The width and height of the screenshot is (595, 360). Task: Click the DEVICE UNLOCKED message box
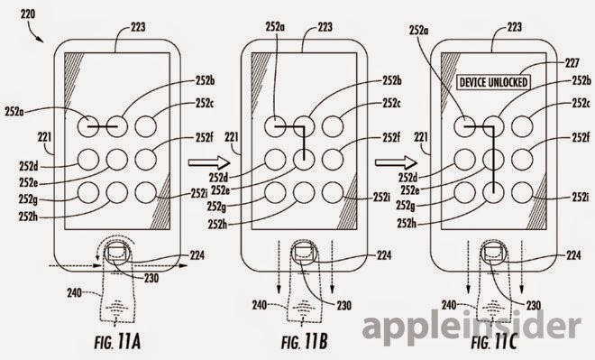tap(494, 82)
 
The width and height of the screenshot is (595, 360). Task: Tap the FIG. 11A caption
tap(117, 342)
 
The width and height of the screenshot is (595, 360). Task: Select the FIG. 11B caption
tap(305, 342)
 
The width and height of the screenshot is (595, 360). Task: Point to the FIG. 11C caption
tap(494, 342)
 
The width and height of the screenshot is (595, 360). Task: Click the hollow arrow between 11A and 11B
tap(209, 163)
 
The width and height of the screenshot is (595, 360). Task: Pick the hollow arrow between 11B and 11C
tap(396, 163)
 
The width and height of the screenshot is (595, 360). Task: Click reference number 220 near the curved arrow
tap(28, 14)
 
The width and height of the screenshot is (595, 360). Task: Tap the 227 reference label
tap(572, 62)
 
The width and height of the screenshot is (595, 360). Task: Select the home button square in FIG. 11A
tap(117, 253)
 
